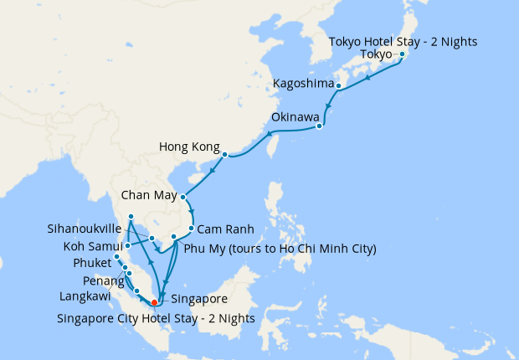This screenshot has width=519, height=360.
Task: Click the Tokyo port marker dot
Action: pos(402,55)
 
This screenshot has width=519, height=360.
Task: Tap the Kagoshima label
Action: pos(302,85)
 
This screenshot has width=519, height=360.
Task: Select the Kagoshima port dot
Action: pos(338,85)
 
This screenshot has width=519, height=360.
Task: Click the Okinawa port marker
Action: pos(320,127)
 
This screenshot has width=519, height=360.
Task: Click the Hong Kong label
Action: pos(189,149)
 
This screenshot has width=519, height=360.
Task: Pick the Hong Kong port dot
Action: pos(224,154)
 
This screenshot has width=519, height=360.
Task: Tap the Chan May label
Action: pos(148,197)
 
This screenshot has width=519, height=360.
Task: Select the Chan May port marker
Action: pos(182,198)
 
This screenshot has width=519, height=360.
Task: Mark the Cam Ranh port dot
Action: pos(192,229)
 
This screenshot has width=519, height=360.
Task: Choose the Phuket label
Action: pos(91,264)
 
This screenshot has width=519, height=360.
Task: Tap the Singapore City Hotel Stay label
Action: pos(156,317)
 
